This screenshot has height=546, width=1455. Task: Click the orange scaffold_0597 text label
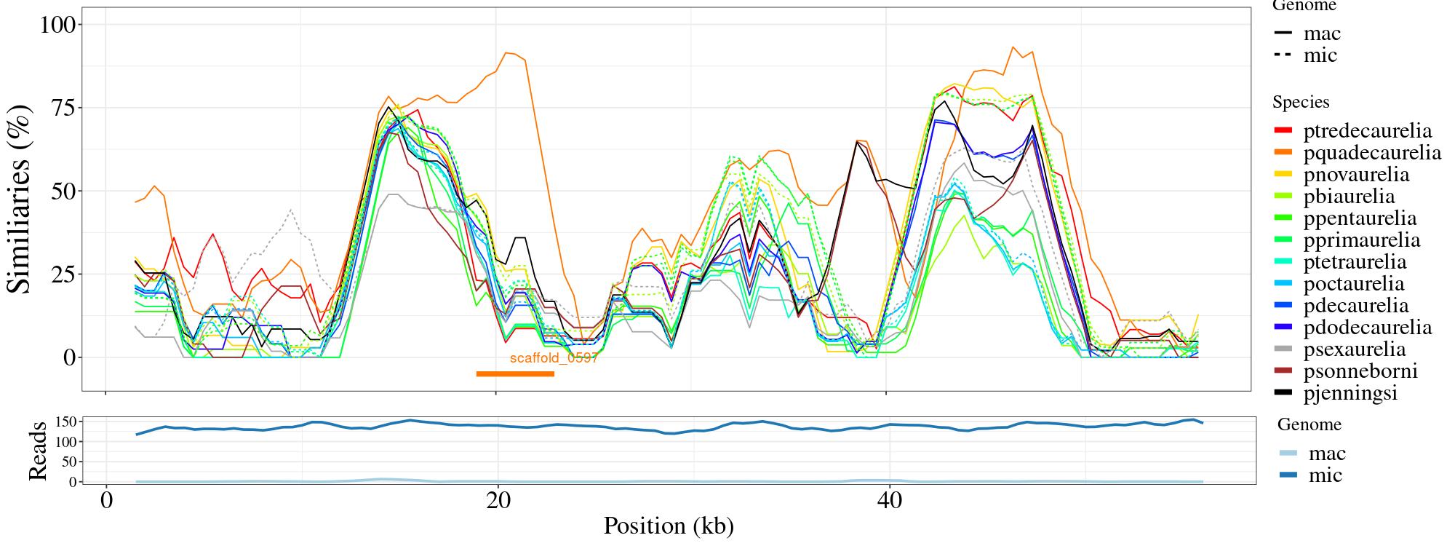[x=554, y=358]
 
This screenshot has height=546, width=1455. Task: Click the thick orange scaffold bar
[x=515, y=374]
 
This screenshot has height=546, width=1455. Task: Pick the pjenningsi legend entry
[x=1350, y=393]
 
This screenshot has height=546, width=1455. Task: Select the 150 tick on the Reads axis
[x=66, y=422]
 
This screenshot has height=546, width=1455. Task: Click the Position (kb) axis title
[x=668, y=526]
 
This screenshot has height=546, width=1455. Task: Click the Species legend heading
[x=1301, y=103]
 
